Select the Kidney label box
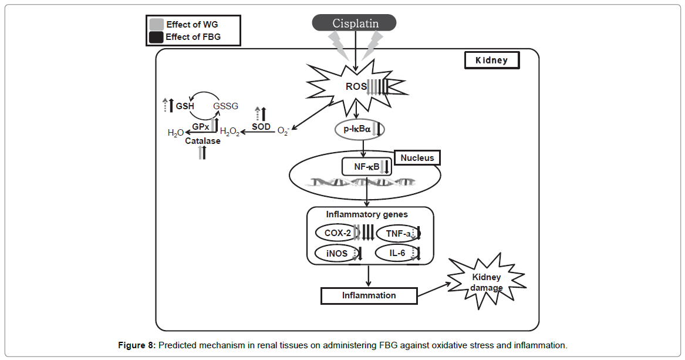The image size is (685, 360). point(492,60)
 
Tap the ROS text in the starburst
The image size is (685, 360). point(356,87)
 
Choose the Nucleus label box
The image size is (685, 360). point(417,158)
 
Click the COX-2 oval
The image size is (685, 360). point(338,233)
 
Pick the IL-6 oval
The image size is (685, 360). point(398,254)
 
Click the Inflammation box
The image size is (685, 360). point(369,295)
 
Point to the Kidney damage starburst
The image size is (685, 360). point(485,282)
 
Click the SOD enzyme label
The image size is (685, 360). point(261,126)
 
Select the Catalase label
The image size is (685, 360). point(203,141)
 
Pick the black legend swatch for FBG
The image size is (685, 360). point(156,38)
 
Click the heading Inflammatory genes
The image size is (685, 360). point(367,214)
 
